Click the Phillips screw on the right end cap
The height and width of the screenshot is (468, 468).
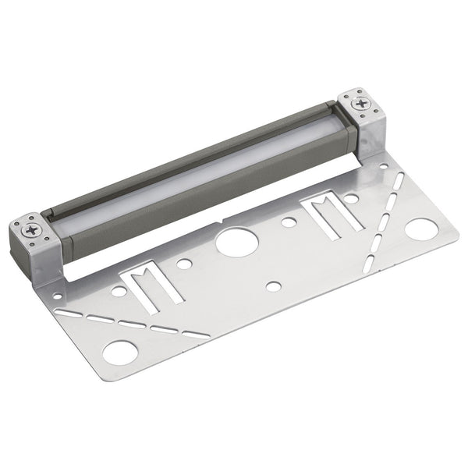[x=361, y=102]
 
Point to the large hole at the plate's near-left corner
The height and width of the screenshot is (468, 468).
[x=119, y=353]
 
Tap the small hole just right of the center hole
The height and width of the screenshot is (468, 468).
[x=289, y=222]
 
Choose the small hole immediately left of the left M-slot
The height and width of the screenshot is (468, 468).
[x=119, y=290]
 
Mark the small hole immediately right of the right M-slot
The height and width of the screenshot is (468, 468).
[x=352, y=199]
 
